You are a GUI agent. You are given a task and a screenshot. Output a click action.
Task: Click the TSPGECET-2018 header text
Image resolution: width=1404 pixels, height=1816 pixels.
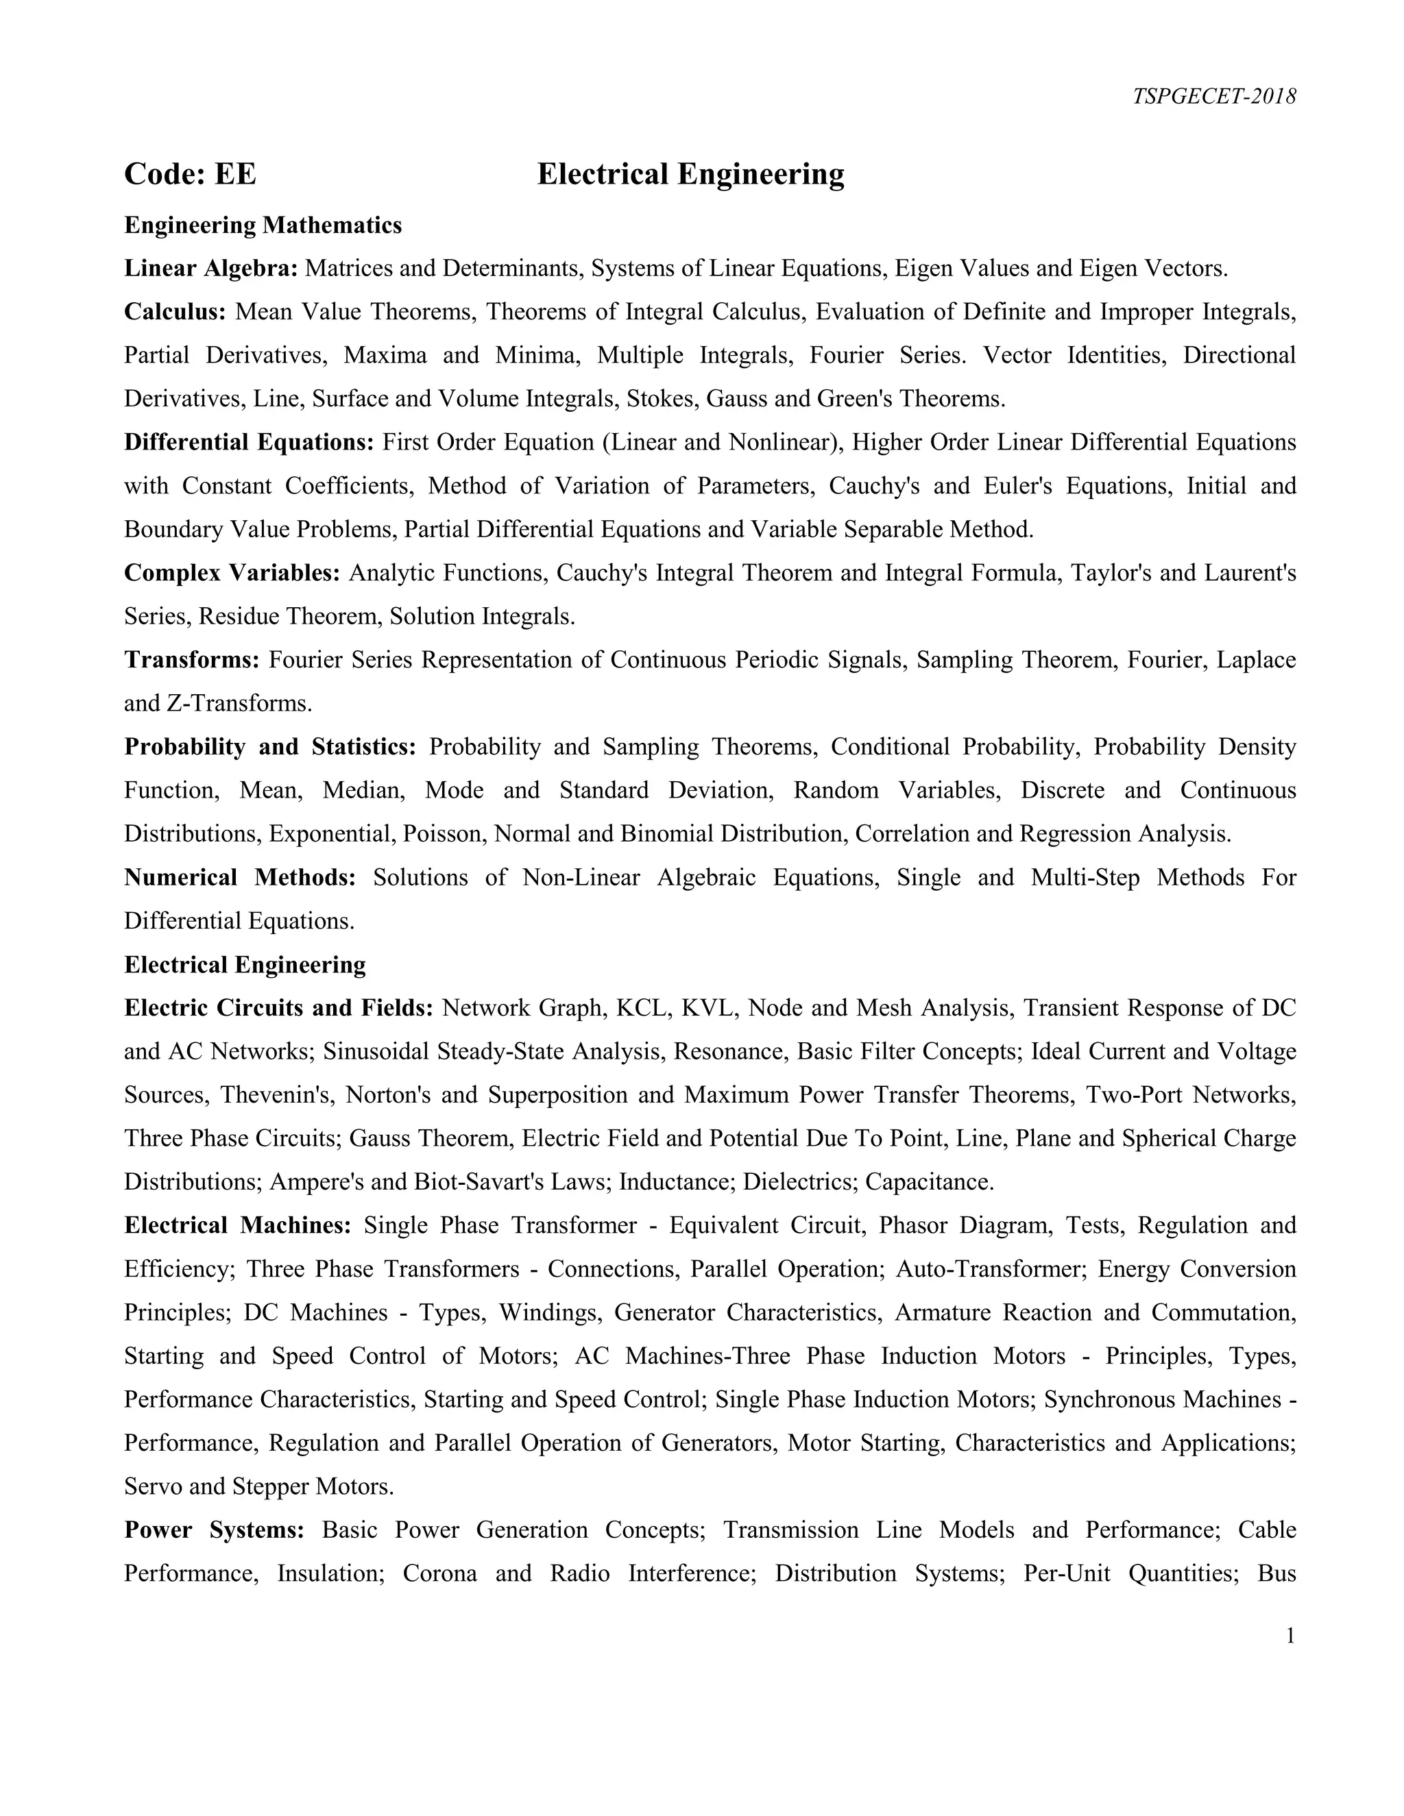pos(1213,97)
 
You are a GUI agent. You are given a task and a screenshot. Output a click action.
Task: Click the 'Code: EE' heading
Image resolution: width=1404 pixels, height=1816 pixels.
pos(190,175)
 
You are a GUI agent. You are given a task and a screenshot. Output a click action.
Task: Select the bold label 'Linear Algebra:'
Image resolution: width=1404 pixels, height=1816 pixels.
pos(210,269)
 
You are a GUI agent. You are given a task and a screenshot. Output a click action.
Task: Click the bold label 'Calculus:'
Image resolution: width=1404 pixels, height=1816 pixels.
pos(175,312)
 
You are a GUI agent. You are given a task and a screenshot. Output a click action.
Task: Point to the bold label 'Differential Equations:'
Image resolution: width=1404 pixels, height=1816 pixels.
pos(249,443)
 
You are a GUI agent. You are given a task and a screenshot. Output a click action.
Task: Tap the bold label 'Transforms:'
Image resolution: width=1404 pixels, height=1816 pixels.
pos(192,659)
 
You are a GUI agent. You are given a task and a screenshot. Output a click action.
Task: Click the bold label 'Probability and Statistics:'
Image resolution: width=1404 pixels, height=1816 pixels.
pos(269,747)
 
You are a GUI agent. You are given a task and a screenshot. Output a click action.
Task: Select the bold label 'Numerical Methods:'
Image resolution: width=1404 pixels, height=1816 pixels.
pos(239,877)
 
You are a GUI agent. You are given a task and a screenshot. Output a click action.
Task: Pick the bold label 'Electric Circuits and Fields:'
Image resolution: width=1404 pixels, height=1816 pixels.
pos(278,1008)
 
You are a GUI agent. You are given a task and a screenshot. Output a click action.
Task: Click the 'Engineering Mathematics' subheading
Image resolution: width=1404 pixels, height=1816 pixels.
pos(263,225)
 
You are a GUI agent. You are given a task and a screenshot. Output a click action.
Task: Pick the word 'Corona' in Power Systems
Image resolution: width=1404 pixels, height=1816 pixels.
pos(439,1573)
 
